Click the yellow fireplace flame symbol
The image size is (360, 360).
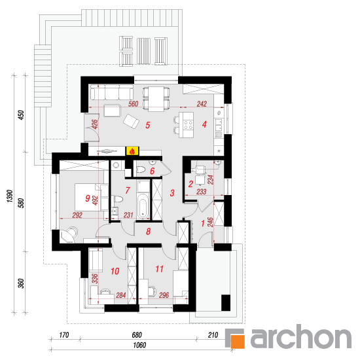click(132, 151)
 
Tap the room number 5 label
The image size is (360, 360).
click(148, 125)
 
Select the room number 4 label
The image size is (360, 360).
click(204, 124)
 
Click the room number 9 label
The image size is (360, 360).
click(88, 198)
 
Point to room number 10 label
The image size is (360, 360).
click(115, 271)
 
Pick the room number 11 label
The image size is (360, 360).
click(160, 269)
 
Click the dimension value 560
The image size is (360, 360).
click(133, 104)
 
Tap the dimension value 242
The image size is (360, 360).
click(202, 104)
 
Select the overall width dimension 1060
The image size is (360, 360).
click(139, 345)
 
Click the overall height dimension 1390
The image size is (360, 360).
click(9, 196)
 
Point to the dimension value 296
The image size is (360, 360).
click(164, 295)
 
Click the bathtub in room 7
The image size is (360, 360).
click(143, 206)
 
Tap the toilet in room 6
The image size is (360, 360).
click(141, 170)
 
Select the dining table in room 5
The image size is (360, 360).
click(156, 99)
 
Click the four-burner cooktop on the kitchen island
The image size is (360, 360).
click(189, 124)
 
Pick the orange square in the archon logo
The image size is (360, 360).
click(238, 342)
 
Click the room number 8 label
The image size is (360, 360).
click(149, 232)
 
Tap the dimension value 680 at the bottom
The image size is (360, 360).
click(137, 335)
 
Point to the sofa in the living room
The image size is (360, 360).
click(112, 92)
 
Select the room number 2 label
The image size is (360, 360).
click(190, 184)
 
